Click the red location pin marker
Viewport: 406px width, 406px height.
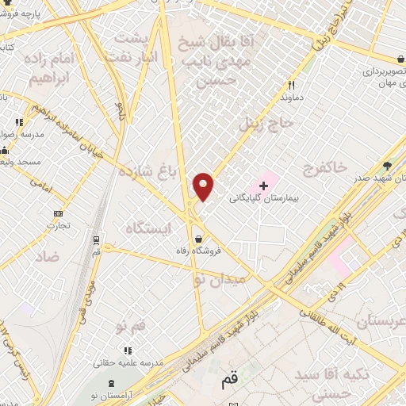[204, 186]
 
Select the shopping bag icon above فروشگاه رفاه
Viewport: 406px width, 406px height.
[197, 238]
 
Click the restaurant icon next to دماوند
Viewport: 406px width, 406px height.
[291, 85]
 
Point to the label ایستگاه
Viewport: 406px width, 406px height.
[148, 228]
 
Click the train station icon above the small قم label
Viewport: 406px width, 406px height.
[96, 239]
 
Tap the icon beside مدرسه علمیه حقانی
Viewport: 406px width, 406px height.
[126, 350]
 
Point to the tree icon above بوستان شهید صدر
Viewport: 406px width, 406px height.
[387, 165]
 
